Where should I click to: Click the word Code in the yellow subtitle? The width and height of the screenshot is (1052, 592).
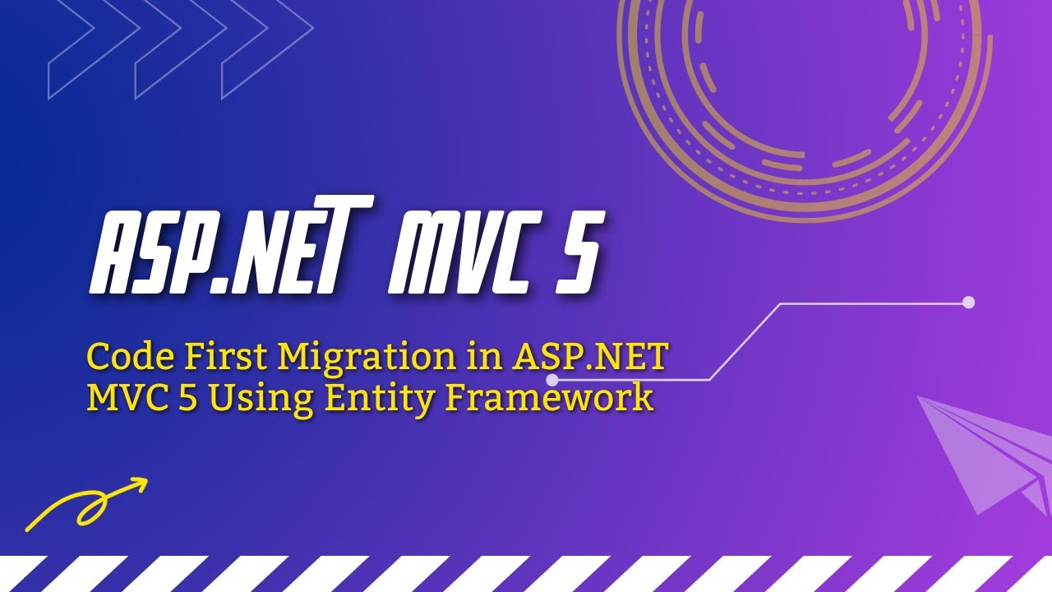(130, 357)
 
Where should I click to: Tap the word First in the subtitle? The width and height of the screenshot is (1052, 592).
(225, 357)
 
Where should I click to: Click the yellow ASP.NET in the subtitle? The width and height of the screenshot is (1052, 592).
(590, 357)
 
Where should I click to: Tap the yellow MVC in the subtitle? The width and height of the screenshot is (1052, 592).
(127, 397)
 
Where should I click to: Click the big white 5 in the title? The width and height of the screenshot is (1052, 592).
(579, 253)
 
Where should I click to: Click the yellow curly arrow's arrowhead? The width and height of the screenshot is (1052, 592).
(139, 484)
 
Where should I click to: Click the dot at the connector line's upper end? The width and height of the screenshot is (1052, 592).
(968, 302)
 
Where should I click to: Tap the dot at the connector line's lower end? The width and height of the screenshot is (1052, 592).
(552, 380)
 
